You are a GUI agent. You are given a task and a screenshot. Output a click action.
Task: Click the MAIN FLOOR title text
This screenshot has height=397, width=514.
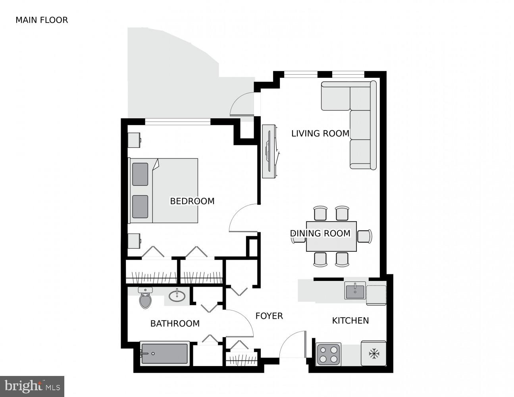42,20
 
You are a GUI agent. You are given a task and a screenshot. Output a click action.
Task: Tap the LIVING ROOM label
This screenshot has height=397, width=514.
320,133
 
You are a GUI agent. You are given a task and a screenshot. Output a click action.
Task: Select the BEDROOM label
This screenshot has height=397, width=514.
192,201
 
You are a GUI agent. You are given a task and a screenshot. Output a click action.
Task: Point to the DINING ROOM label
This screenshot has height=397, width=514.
320,233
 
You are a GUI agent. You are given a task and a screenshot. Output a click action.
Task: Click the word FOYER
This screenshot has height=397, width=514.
269,316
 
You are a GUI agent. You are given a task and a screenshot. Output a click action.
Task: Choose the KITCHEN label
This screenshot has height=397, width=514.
350,320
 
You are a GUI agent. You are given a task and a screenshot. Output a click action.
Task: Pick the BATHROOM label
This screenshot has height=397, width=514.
175,324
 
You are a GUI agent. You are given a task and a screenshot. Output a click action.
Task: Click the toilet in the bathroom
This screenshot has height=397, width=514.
146,299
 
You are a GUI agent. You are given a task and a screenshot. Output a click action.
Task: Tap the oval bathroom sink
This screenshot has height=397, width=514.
177,296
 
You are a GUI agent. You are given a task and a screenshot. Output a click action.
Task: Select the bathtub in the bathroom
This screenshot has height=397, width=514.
165,353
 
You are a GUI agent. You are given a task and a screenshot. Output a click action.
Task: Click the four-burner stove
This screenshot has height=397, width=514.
329,354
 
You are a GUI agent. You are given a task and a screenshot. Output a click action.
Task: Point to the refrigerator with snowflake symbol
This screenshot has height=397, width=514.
373,353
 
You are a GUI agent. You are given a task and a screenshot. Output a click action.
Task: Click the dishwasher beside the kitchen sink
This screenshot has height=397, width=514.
376,295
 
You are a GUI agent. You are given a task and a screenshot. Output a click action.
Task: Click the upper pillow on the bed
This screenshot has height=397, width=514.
140,174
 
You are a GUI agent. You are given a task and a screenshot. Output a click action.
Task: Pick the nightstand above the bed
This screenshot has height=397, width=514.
134,140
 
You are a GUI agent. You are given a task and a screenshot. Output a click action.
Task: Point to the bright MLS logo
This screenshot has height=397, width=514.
32,386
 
